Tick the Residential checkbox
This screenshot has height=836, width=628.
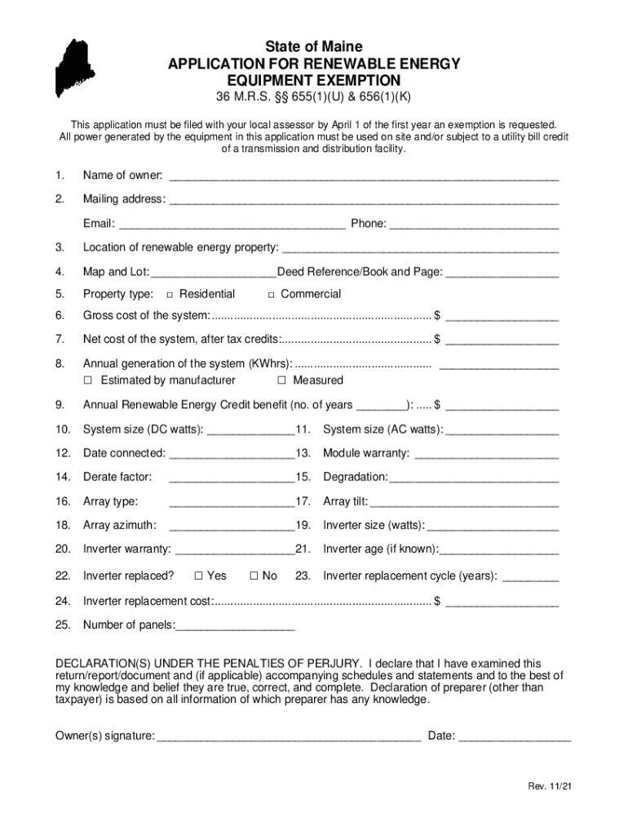[170, 295]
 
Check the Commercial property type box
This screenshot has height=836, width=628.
[272, 295]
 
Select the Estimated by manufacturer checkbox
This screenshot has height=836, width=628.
[88, 380]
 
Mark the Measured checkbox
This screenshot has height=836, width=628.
[281, 380]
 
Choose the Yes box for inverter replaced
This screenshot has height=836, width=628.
[198, 576]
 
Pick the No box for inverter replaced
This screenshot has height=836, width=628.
[254, 576]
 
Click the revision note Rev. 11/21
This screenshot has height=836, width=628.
[549, 787]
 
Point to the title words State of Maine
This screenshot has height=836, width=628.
[314, 47]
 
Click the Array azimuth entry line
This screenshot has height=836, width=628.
[231, 527]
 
